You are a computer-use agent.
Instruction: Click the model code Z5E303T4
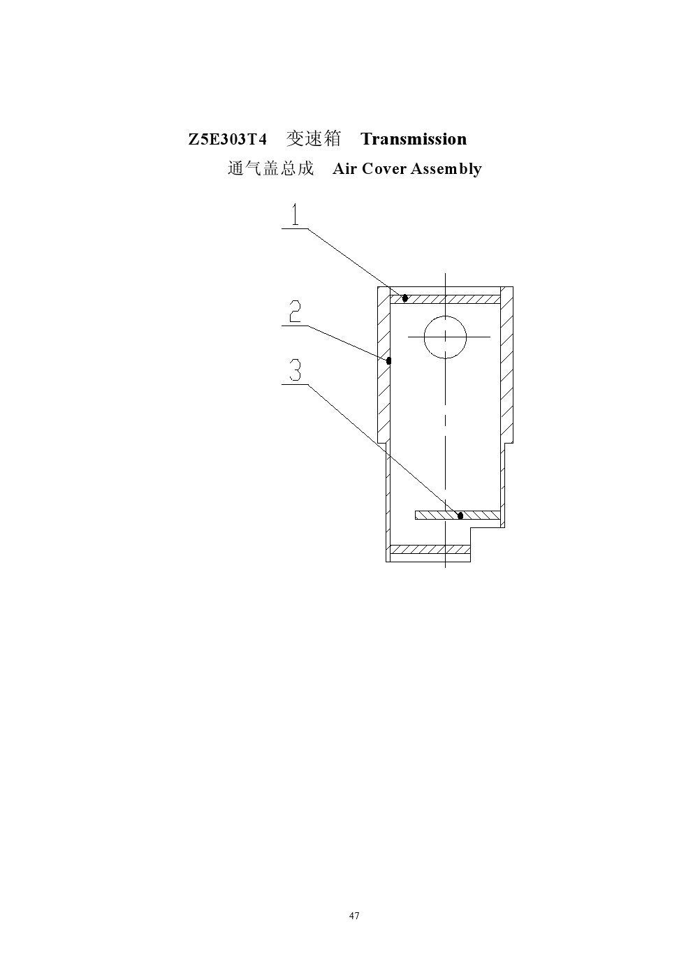pyautogui.click(x=228, y=139)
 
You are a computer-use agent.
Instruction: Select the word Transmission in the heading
pyautogui.click(x=414, y=139)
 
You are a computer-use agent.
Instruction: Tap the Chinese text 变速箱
pyautogui.click(x=314, y=139)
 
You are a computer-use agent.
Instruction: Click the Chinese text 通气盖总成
pyautogui.click(x=271, y=168)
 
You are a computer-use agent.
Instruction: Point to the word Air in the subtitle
pyautogui.click(x=344, y=168)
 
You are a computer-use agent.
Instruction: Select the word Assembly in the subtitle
pyautogui.click(x=446, y=169)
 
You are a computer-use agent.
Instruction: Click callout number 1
pyautogui.click(x=296, y=214)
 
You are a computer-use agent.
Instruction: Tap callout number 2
pyautogui.click(x=295, y=311)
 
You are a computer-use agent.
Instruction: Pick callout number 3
pyautogui.click(x=296, y=370)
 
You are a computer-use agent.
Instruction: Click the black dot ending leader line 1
pyautogui.click(x=405, y=298)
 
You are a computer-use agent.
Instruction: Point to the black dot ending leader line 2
pyautogui.click(x=388, y=361)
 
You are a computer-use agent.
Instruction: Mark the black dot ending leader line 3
pyautogui.click(x=460, y=515)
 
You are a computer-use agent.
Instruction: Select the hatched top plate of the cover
pyautogui.click(x=445, y=299)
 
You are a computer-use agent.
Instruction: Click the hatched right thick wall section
pyautogui.click(x=506, y=365)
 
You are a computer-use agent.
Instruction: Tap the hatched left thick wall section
pyautogui.click(x=384, y=365)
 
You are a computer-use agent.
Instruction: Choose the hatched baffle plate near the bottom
pyautogui.click(x=458, y=515)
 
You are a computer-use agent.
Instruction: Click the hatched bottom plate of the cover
pyautogui.click(x=430, y=549)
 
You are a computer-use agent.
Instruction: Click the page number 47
pyautogui.click(x=354, y=915)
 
